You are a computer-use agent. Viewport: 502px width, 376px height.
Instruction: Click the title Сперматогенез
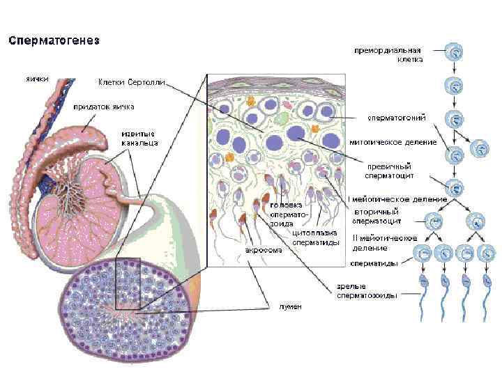tap(54, 40)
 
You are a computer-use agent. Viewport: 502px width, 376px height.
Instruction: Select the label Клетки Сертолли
tap(132, 82)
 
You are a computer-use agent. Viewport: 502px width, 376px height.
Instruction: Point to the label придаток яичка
tap(104, 107)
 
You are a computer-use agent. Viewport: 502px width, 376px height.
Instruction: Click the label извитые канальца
tap(138, 138)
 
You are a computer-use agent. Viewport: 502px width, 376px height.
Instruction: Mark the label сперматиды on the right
tap(374, 264)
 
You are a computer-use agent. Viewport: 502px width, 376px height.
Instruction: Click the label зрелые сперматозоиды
tap(367, 290)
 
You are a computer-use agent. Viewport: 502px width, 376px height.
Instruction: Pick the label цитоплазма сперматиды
tap(316, 237)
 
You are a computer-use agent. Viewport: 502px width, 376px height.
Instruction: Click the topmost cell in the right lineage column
tap(455, 52)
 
